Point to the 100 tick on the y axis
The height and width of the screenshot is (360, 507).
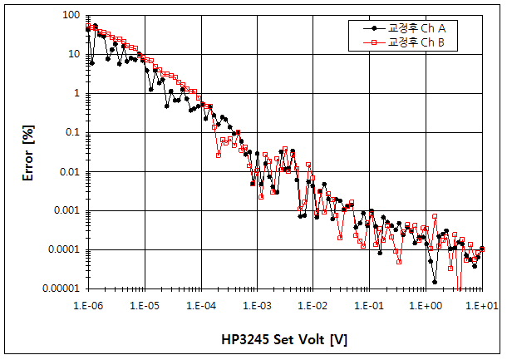(x=71, y=15)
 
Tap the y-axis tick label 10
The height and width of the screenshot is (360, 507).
(x=73, y=54)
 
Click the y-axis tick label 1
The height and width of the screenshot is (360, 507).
(x=76, y=93)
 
